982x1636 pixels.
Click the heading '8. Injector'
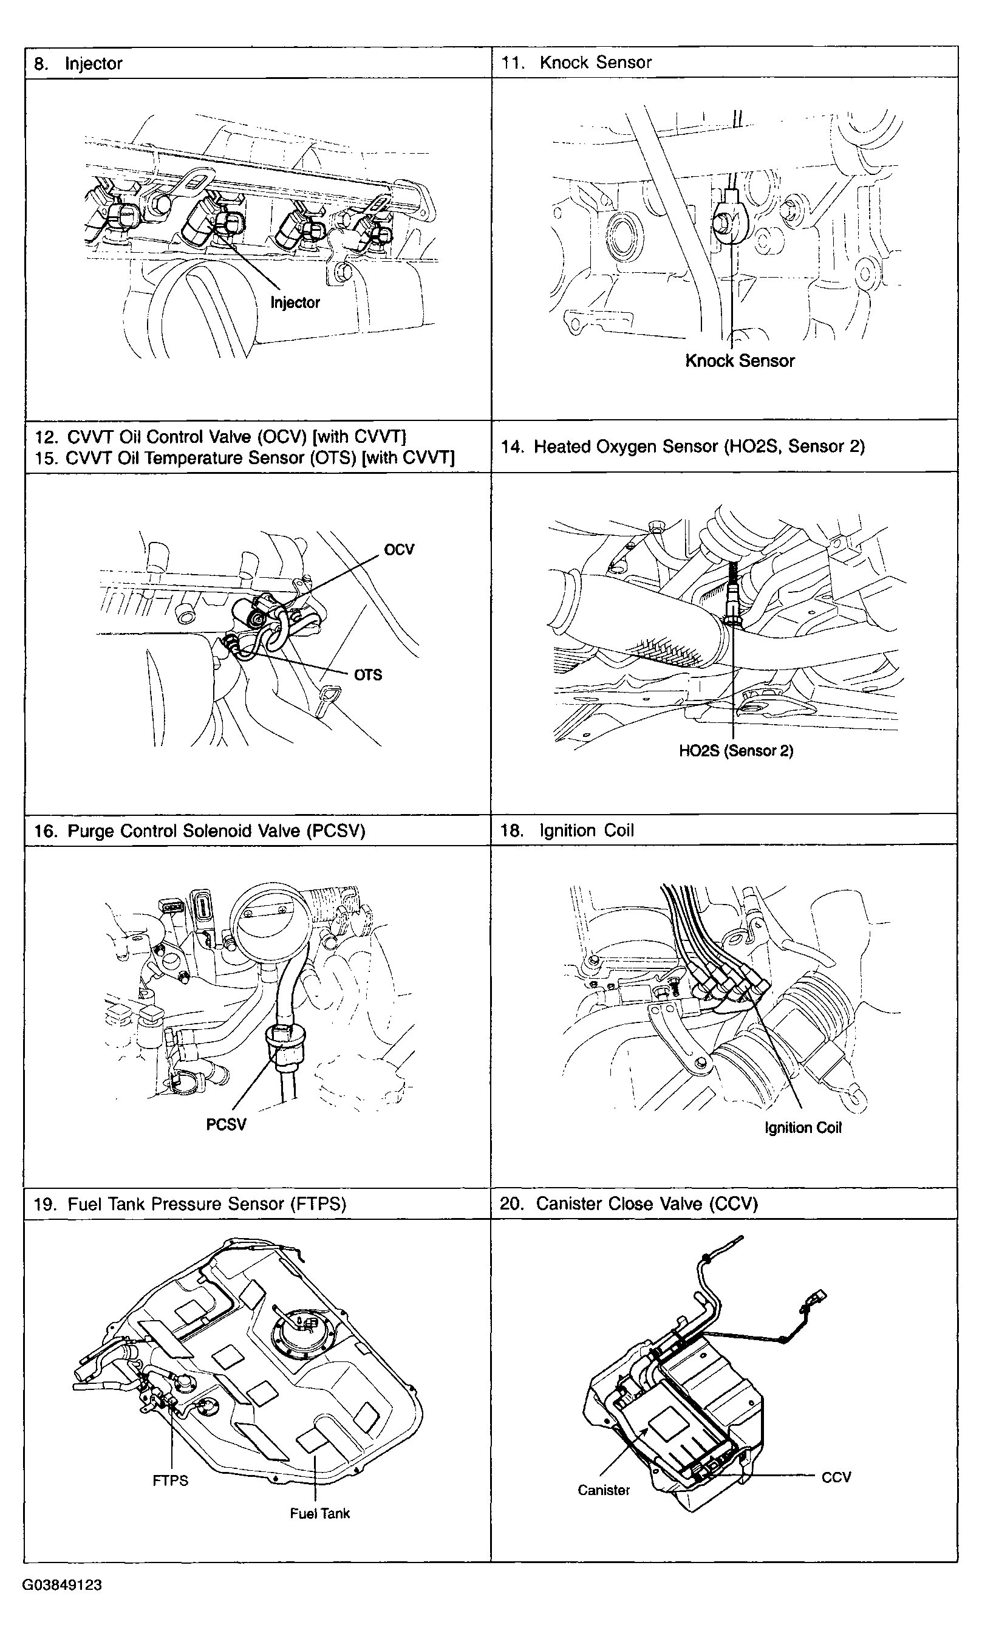pyautogui.click(x=78, y=64)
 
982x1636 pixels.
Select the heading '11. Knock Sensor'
pyautogui.click(x=576, y=63)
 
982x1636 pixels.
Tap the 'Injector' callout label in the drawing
pyautogui.click(x=295, y=303)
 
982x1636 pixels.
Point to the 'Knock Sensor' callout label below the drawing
pyautogui.click(x=739, y=361)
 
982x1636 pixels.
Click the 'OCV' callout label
pyautogui.click(x=399, y=550)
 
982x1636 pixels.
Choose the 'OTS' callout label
pyautogui.click(x=368, y=675)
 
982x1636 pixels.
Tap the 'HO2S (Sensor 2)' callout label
pyautogui.click(x=736, y=750)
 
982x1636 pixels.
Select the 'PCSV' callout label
pyautogui.click(x=226, y=1124)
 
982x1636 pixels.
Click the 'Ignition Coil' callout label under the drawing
pyautogui.click(x=803, y=1128)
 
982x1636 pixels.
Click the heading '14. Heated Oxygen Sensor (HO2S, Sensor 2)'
pyautogui.click(x=682, y=447)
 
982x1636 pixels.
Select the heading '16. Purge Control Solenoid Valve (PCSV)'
pyautogui.click(x=199, y=831)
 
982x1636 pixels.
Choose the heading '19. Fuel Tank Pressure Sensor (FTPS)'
pyautogui.click(x=190, y=1204)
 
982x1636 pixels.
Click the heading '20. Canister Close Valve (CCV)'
pyautogui.click(x=628, y=1204)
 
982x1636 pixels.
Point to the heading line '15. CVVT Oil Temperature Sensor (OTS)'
pyautogui.click(x=244, y=458)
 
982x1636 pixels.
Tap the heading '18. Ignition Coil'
pyautogui.click(x=567, y=830)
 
